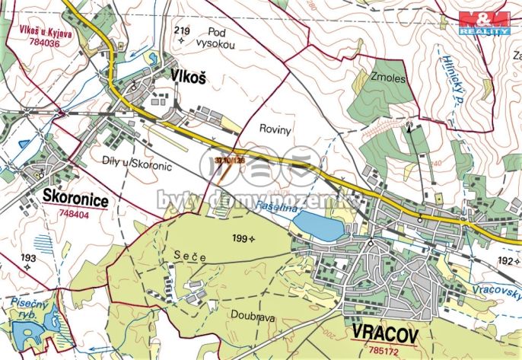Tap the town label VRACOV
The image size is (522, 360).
pos(387,331)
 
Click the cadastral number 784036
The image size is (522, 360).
pos(40,44)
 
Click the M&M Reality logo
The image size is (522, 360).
pos(484,22)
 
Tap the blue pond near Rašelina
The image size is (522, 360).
pos(317,226)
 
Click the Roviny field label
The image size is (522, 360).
pos(275,130)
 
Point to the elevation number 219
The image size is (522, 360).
pos(181,30)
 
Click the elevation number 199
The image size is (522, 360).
pos(241,239)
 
